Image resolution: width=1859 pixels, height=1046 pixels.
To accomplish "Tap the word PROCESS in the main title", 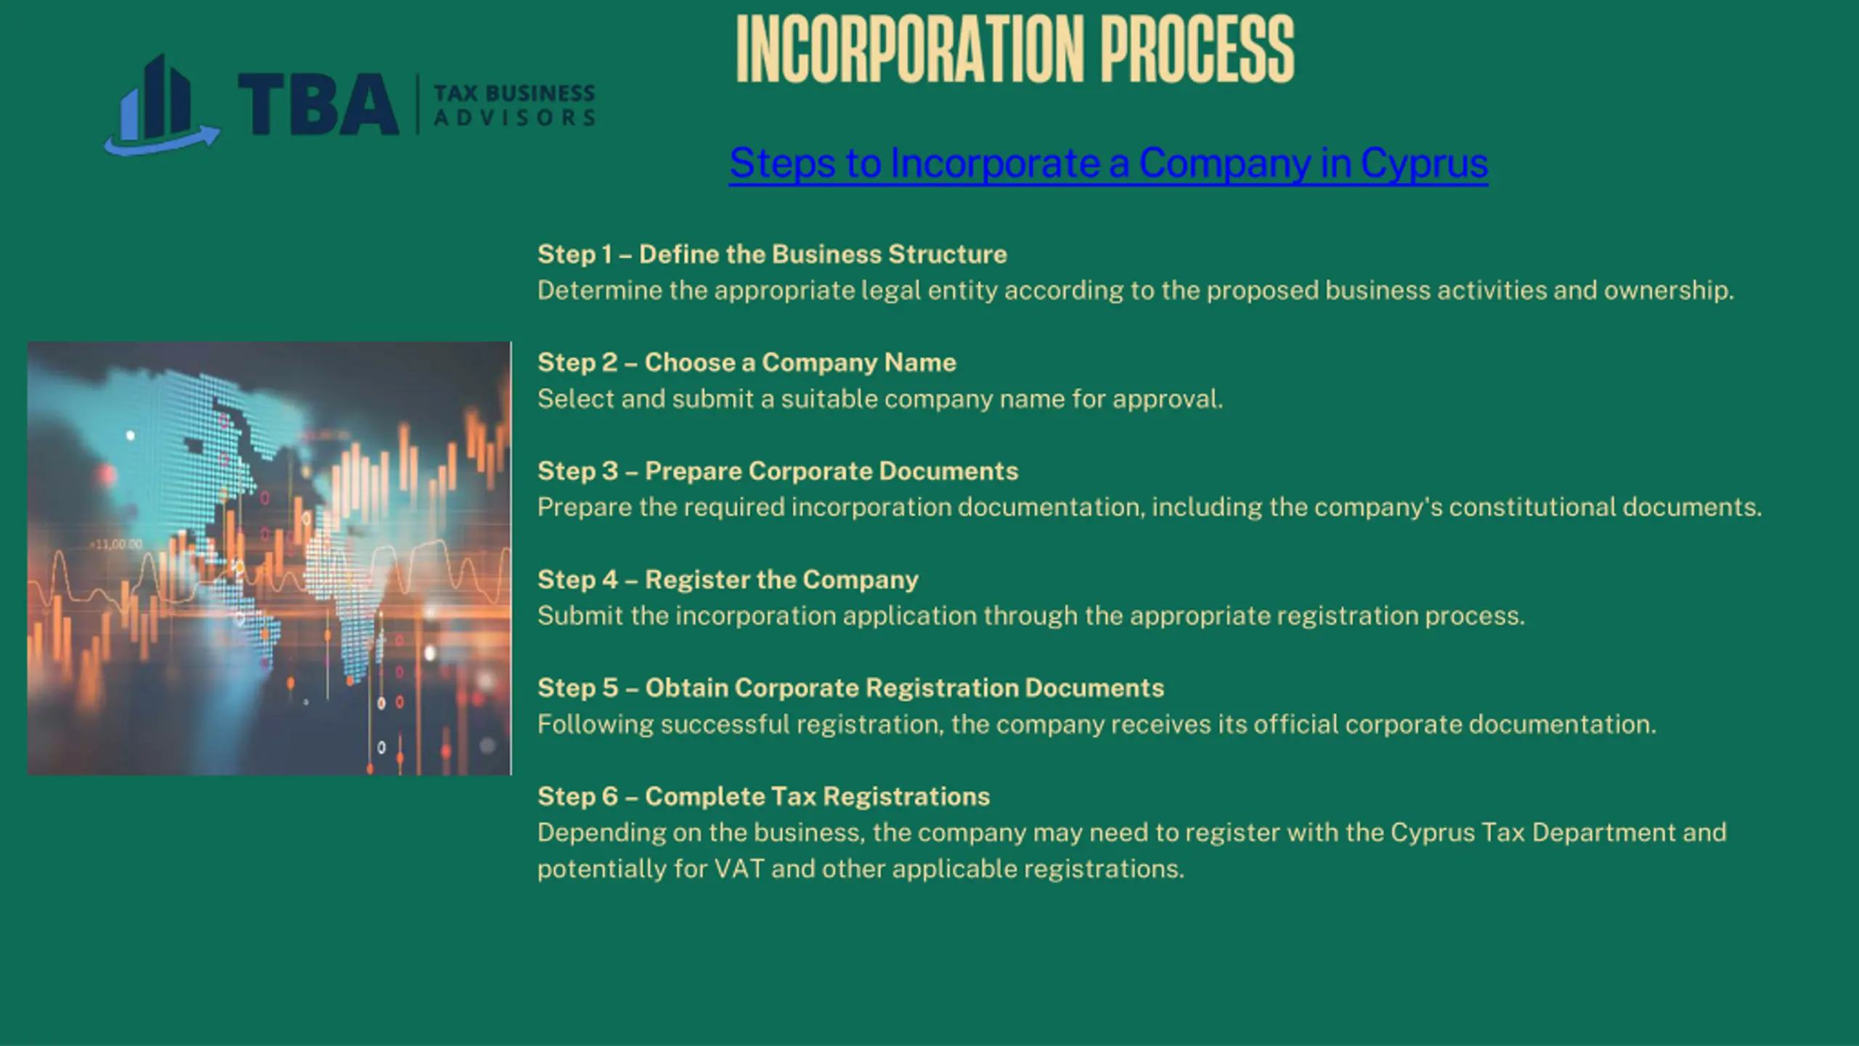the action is [1197, 49].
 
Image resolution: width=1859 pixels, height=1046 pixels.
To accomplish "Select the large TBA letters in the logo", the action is [318, 104].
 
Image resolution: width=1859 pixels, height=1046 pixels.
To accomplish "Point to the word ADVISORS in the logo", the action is [514, 118].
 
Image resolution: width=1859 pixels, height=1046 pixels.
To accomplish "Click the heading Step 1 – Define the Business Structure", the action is [772, 254].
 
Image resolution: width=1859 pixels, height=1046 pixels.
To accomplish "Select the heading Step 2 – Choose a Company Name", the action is [747, 362].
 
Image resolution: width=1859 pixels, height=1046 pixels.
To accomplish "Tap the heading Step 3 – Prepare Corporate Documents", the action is [778, 471].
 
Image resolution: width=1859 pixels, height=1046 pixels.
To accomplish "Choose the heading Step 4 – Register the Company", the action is [728, 580].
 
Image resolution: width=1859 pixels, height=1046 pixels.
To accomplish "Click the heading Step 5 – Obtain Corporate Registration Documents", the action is [850, 688].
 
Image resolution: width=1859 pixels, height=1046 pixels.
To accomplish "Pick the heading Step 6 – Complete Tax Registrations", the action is [763, 796].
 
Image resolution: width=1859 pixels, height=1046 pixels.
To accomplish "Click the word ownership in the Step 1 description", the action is [1668, 291].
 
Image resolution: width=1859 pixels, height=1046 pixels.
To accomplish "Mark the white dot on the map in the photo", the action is [131, 435].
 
